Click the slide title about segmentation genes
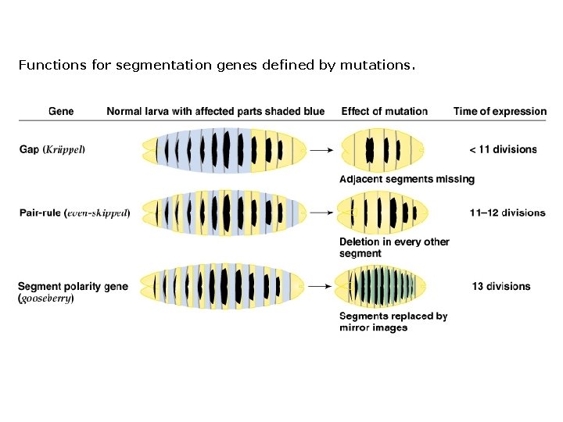(x=217, y=65)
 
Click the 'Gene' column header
(x=61, y=111)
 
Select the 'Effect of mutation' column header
(x=384, y=111)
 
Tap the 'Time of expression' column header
(x=500, y=111)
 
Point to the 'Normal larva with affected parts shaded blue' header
(x=215, y=111)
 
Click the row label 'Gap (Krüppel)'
(x=52, y=148)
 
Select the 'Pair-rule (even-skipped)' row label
(x=73, y=212)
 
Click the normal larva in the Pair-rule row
(x=223, y=212)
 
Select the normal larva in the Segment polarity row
(x=223, y=286)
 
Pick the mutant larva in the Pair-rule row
(x=381, y=212)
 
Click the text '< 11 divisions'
(x=503, y=148)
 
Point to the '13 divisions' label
(x=501, y=286)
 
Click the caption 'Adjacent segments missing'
(x=407, y=179)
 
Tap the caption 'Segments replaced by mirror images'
(x=393, y=322)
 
